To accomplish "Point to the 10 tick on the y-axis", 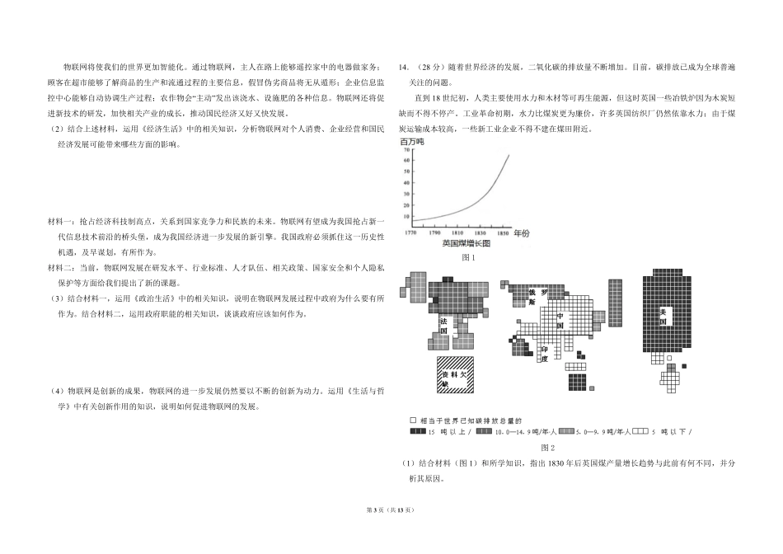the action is click(406, 219).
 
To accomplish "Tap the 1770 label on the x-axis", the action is click(410, 233).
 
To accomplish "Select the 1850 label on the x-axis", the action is click(499, 233).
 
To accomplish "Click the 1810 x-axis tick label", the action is click(455, 233).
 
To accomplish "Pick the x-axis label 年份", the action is click(522, 234).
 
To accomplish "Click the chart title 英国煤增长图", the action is click(466, 244).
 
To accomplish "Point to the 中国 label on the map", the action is click(560, 320).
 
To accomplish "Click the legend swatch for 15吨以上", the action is click(414, 431).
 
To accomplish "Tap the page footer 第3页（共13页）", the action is click(391, 536).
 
